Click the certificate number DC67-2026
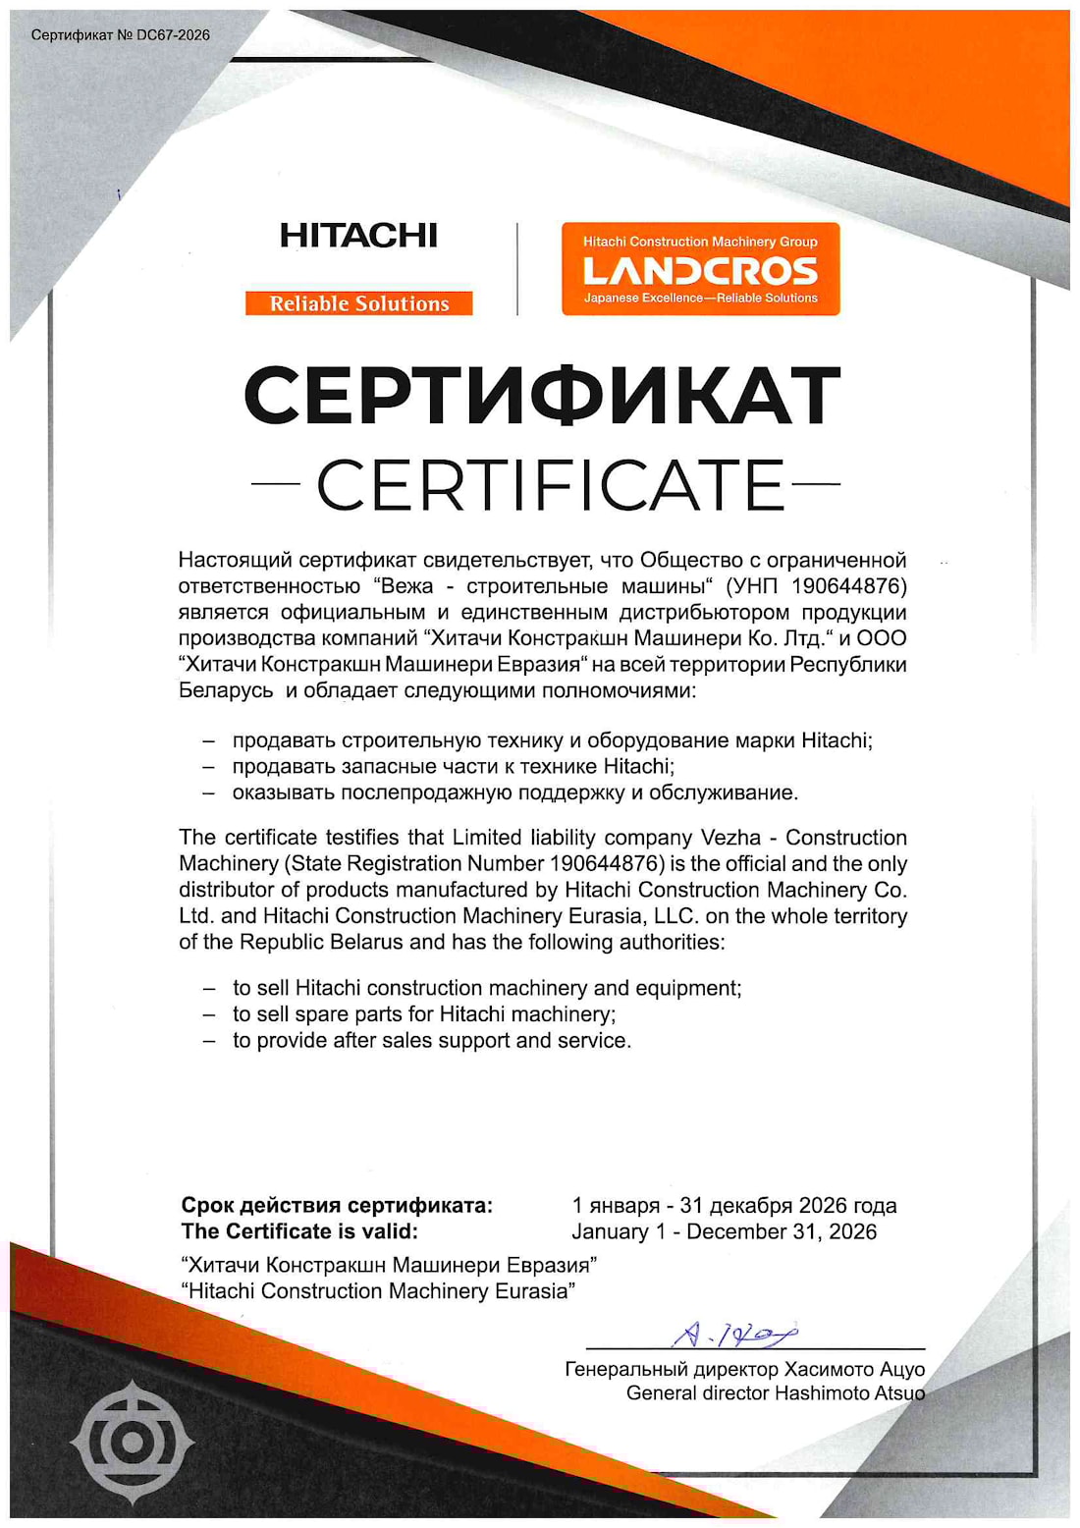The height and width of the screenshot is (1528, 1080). click(x=173, y=35)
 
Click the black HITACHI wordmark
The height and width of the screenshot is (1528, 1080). click(x=358, y=236)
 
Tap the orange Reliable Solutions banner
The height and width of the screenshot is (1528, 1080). click(x=359, y=303)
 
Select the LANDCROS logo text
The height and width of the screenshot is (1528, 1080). click(x=700, y=270)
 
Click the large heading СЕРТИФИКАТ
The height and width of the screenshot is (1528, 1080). click(x=542, y=396)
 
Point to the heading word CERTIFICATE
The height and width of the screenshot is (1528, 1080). click(x=550, y=484)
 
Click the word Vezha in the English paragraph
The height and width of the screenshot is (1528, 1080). click(x=730, y=838)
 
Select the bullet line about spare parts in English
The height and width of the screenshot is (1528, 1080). click(x=424, y=1013)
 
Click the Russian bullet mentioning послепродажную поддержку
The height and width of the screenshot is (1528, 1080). click(x=515, y=791)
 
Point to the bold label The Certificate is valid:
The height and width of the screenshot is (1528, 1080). click(x=299, y=1231)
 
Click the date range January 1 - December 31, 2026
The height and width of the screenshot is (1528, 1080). click(x=725, y=1231)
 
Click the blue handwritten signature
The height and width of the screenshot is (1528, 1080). click(x=734, y=1334)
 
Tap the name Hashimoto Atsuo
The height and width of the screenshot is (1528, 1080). click(x=849, y=1392)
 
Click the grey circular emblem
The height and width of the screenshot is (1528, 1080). click(x=131, y=1442)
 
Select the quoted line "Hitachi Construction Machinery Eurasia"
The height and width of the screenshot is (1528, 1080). click(x=378, y=1290)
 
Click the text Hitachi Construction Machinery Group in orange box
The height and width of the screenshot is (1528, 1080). click(x=700, y=242)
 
